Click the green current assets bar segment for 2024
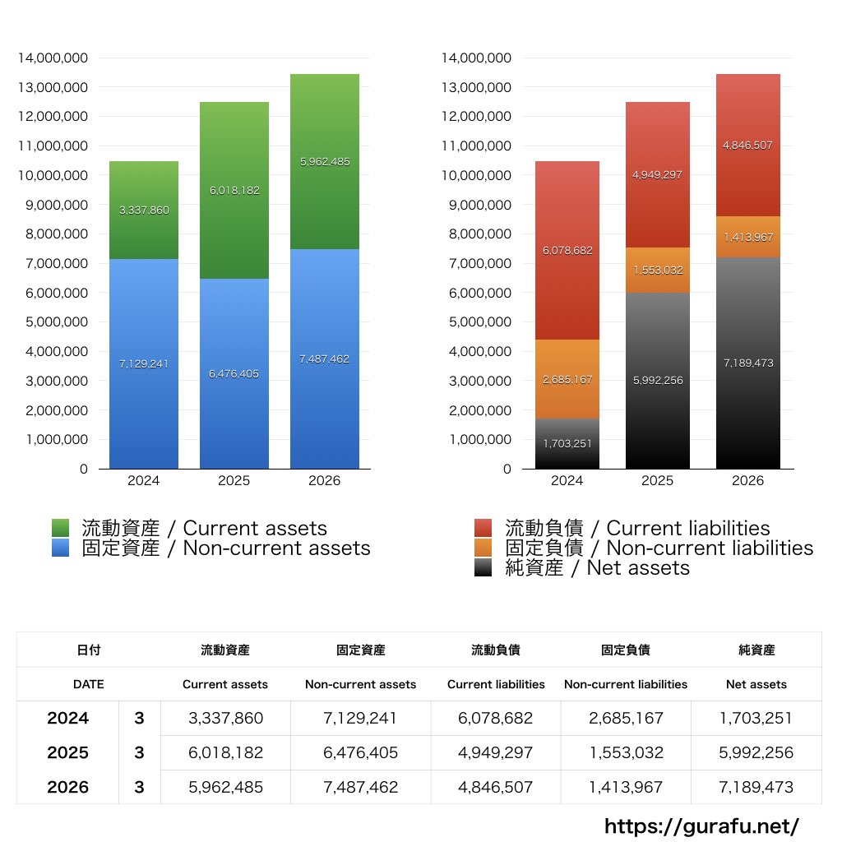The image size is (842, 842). (x=143, y=210)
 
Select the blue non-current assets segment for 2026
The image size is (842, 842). (x=324, y=359)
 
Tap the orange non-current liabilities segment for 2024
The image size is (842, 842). (x=567, y=379)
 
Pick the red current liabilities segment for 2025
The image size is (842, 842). (x=657, y=174)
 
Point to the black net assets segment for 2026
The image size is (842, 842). (x=748, y=363)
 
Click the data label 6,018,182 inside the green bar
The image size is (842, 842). (x=234, y=191)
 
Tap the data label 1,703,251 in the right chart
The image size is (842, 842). (x=567, y=443)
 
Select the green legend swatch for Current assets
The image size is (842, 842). (x=61, y=528)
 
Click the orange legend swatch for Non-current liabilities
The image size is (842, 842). (x=483, y=548)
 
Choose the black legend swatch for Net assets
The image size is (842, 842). (x=483, y=567)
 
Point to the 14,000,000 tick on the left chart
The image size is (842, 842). (x=53, y=58)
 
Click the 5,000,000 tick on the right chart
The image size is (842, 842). (x=480, y=322)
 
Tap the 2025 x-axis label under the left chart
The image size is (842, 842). (x=234, y=480)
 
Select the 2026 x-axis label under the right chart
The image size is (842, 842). (x=748, y=480)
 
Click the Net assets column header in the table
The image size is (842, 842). (x=756, y=684)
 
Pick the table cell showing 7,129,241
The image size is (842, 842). (x=360, y=718)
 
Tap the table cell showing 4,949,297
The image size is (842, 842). (x=495, y=752)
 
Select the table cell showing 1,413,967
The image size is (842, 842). (x=626, y=787)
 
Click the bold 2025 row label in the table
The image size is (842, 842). (x=67, y=752)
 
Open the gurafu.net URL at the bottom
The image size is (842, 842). (x=701, y=826)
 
